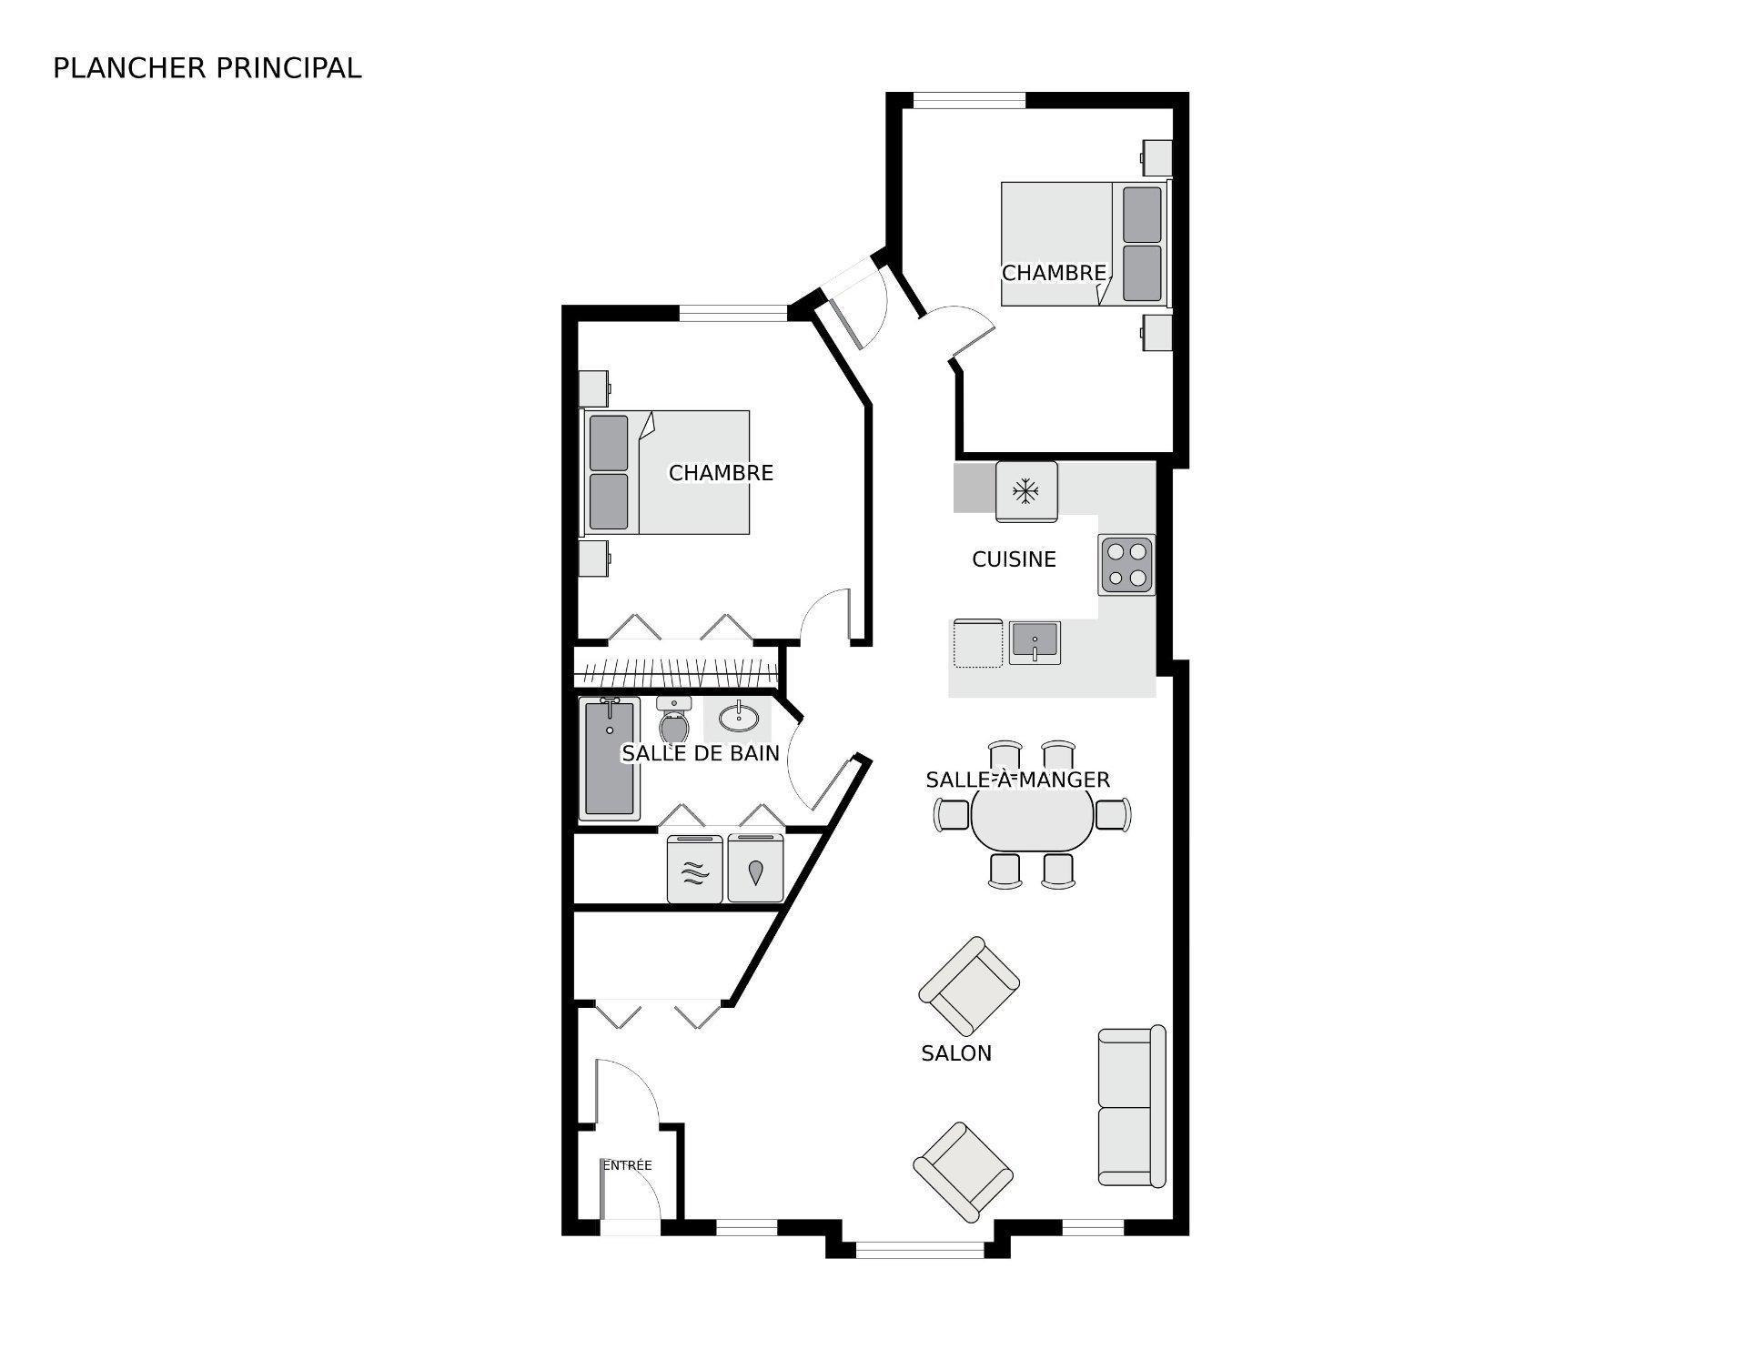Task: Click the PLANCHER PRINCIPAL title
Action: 207,68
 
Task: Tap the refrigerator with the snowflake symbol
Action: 1026,491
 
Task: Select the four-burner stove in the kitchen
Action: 1126,565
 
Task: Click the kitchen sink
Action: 1035,642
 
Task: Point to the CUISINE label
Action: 1014,559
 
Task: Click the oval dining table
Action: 1032,819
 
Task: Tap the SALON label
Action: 956,1053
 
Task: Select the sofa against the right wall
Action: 1131,1106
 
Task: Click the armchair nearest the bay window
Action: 963,1173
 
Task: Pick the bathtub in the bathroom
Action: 609,758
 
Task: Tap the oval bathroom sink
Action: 738,719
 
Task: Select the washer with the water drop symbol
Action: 755,869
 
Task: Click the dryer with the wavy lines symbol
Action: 695,870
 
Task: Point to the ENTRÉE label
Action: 627,1165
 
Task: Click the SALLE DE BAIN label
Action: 701,753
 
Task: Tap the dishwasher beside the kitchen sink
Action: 976,643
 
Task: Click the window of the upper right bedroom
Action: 969,100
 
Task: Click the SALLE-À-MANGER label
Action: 1017,780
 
